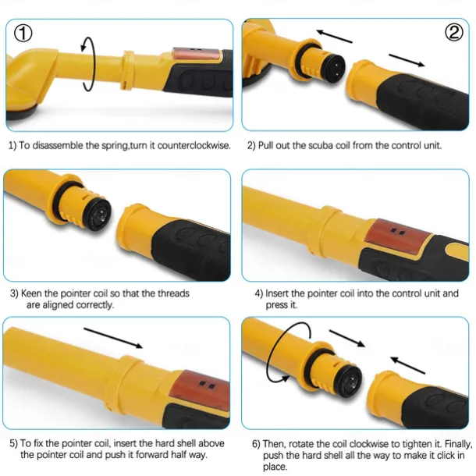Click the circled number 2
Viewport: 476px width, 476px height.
pos(453,32)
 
